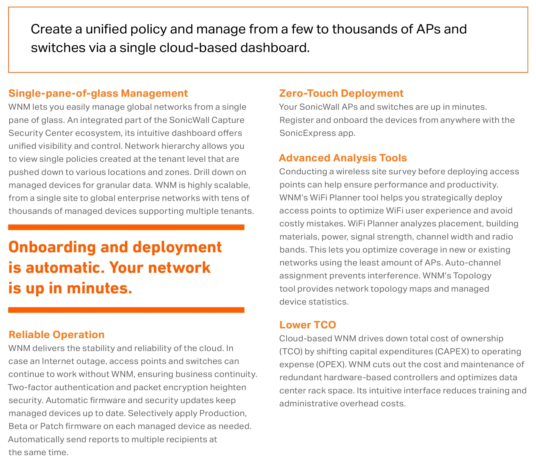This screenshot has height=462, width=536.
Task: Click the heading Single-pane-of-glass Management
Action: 98,93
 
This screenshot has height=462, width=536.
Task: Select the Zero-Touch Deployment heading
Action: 341,93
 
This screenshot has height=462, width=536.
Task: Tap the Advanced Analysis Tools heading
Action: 343,158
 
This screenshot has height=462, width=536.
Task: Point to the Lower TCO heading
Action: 308,325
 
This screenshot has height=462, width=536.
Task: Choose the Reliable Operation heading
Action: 56,335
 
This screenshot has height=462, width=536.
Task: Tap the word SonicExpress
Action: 307,133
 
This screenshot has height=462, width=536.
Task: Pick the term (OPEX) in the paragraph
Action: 331,364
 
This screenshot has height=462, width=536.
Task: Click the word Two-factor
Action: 30,387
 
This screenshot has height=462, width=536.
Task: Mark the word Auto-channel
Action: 473,263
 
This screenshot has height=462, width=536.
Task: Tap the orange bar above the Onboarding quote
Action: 126,227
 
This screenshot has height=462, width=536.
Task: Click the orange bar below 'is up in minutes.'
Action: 126,310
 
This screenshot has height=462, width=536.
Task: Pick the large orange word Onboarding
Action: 52,247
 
